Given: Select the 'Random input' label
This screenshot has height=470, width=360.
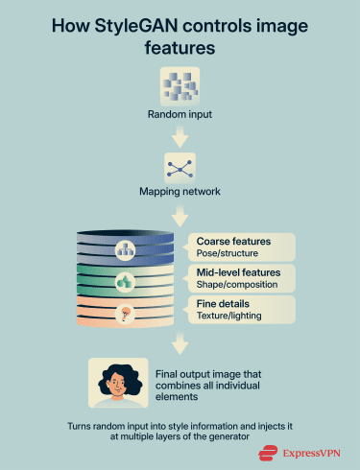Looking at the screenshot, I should tap(180, 117).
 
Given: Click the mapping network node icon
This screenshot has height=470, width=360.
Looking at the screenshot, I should tap(180, 165).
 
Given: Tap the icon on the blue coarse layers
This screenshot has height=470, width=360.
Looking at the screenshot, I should tap(127, 251).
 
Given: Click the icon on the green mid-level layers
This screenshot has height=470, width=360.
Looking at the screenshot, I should tap(127, 282).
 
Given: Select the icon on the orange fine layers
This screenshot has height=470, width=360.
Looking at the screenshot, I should tap(127, 312).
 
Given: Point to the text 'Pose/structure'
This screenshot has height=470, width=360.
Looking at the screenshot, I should tap(224, 253).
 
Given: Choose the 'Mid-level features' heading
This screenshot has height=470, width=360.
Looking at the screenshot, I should tap(238, 272).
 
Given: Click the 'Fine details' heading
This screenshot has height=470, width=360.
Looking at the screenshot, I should tap(222, 303).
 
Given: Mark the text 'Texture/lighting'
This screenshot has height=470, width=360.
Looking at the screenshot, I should tap(228, 316).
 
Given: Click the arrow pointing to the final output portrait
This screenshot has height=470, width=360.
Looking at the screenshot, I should tap(180, 342).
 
